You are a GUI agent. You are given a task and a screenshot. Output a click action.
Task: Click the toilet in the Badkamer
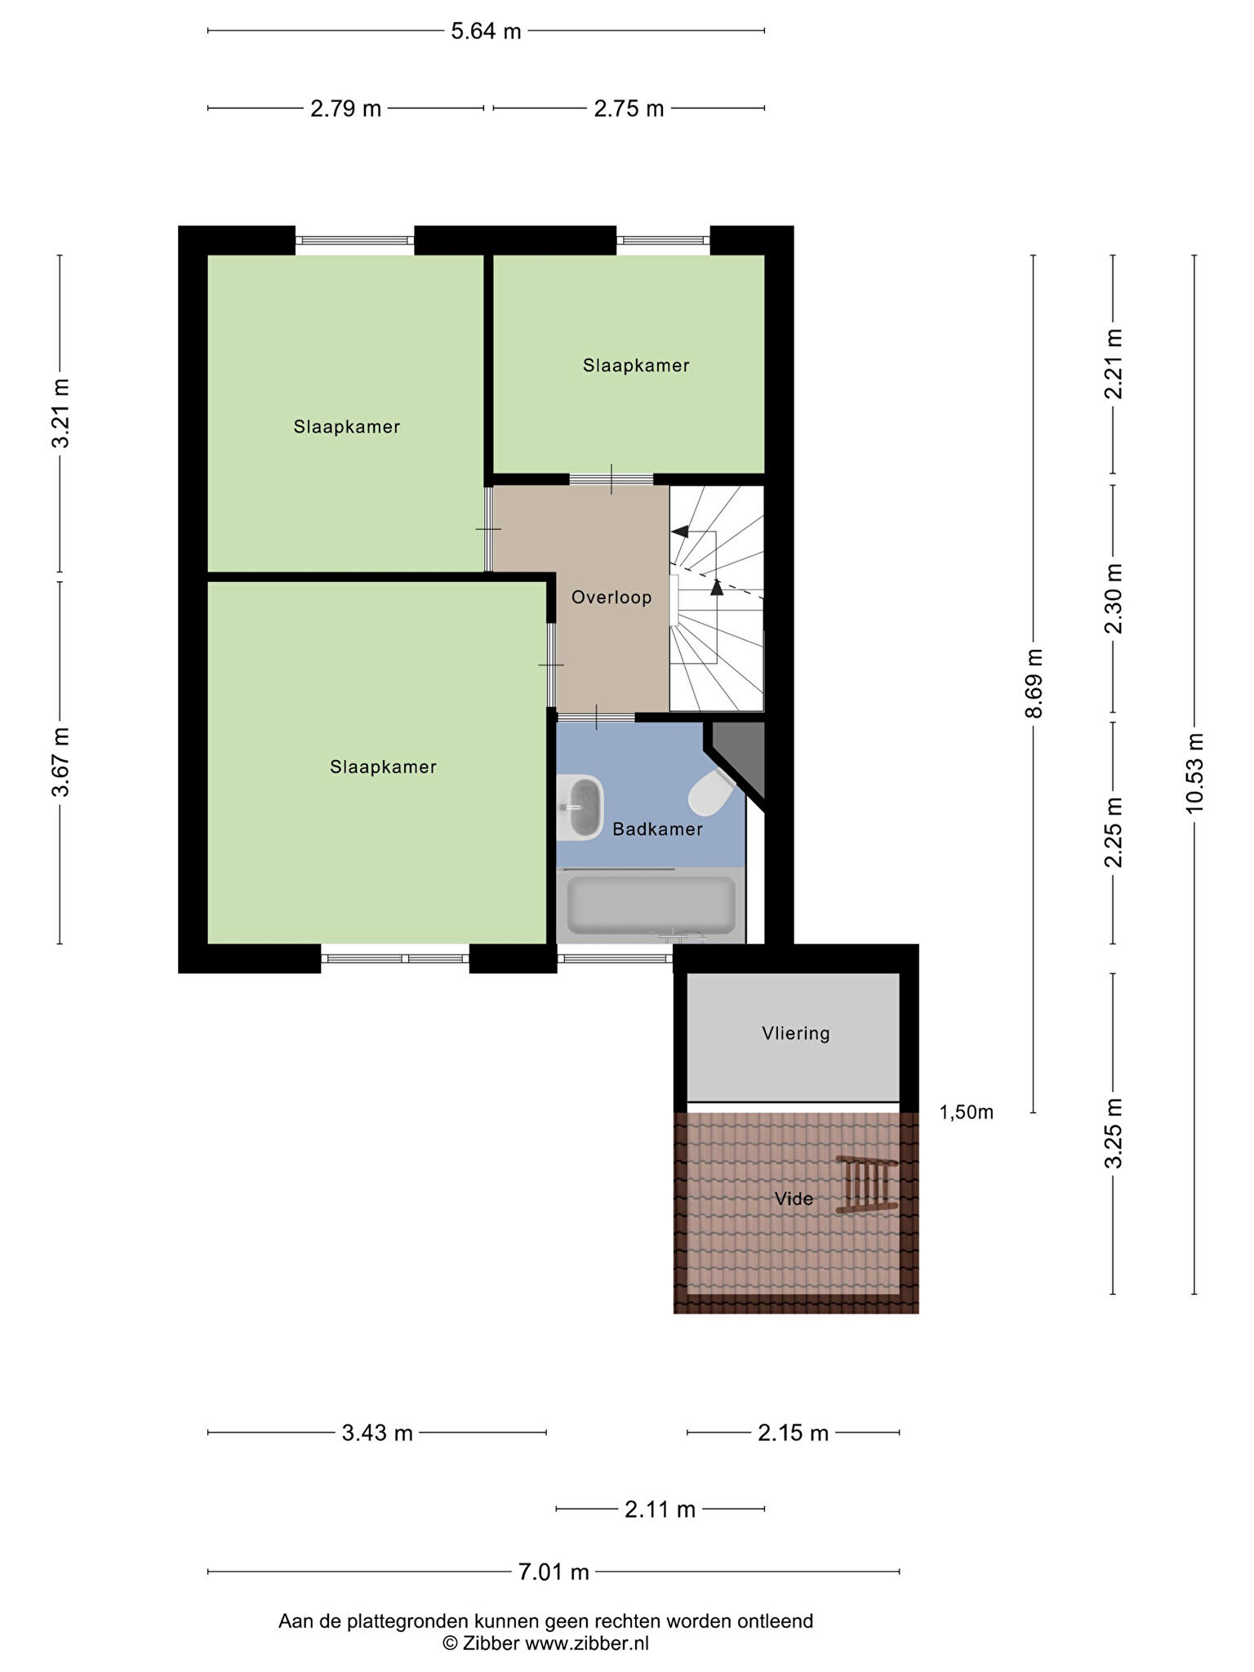pyautogui.click(x=712, y=793)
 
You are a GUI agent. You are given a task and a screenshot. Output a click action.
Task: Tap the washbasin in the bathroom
pyautogui.click(x=582, y=807)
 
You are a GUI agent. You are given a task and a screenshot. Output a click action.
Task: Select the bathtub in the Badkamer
pyautogui.click(x=651, y=905)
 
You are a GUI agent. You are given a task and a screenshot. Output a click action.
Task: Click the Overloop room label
pyautogui.click(x=611, y=598)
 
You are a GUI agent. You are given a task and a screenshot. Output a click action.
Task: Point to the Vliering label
pyautogui.click(x=796, y=1034)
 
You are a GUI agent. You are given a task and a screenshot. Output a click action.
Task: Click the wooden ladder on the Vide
pyautogui.click(x=869, y=1185)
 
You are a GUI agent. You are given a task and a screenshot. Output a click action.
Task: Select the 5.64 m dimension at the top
pyautogui.click(x=486, y=32)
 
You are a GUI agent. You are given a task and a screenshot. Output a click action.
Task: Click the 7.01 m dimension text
pyautogui.click(x=554, y=1572)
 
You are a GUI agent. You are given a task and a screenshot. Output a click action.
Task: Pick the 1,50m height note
pyautogui.click(x=967, y=1112)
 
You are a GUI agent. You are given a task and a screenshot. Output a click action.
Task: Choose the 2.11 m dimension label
pyautogui.click(x=660, y=1510)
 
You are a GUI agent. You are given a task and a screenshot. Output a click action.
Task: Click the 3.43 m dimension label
pyautogui.click(x=377, y=1433)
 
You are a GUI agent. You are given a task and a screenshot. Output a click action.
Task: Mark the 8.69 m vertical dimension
pyautogui.click(x=1034, y=683)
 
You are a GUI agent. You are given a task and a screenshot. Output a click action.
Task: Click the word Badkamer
pyautogui.click(x=657, y=829)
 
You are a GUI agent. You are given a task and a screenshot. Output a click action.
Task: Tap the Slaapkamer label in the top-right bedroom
pyautogui.click(x=636, y=366)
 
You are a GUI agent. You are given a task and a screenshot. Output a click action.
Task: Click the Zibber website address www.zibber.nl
pyautogui.click(x=587, y=1643)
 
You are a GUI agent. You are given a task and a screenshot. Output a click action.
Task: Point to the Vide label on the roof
pyautogui.click(x=794, y=1198)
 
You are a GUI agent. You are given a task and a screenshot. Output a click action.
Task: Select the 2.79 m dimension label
pyautogui.click(x=345, y=109)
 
